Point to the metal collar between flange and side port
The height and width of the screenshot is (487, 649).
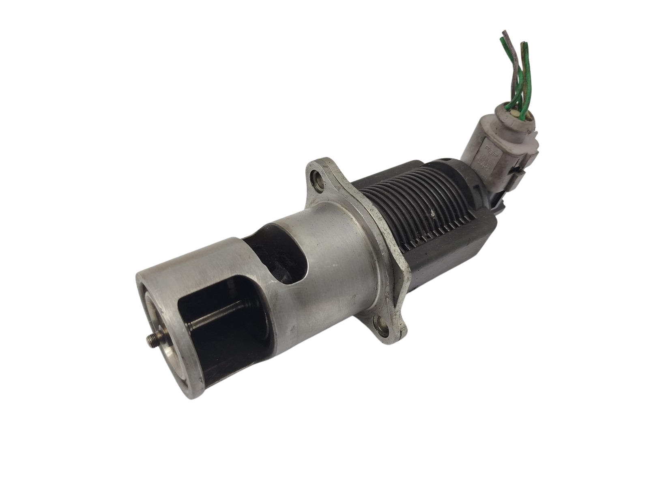coord(345,243)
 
